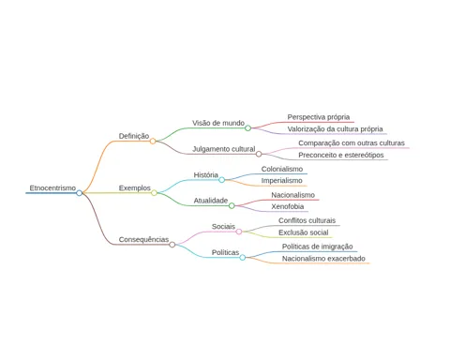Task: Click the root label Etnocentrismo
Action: pos(52,187)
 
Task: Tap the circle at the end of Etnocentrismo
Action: pos(80,193)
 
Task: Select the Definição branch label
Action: pos(134,136)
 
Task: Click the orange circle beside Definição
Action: pos(153,142)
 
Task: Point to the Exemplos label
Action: pos(135,188)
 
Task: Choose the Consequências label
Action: pos(143,239)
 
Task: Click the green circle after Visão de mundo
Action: pos(247,128)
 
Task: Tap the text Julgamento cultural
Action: pos(224,149)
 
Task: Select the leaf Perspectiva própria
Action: pos(319,117)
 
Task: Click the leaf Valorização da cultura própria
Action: pos(335,129)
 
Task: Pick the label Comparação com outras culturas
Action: pos(352,143)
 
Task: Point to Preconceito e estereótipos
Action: pos(341,155)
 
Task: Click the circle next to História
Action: pos(221,180)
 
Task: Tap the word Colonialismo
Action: pos(282,169)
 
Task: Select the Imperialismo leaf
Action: pos(281,181)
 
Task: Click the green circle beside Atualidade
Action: pos(232,205)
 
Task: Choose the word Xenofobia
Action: pos(288,206)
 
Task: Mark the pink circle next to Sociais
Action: pos(239,232)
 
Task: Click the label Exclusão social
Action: pos(304,232)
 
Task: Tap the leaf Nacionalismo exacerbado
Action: pos(323,259)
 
